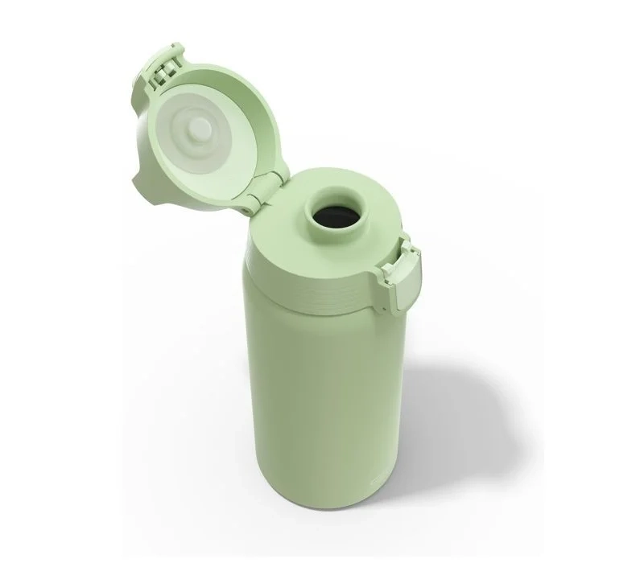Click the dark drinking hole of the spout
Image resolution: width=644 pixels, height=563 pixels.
point(335,219)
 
